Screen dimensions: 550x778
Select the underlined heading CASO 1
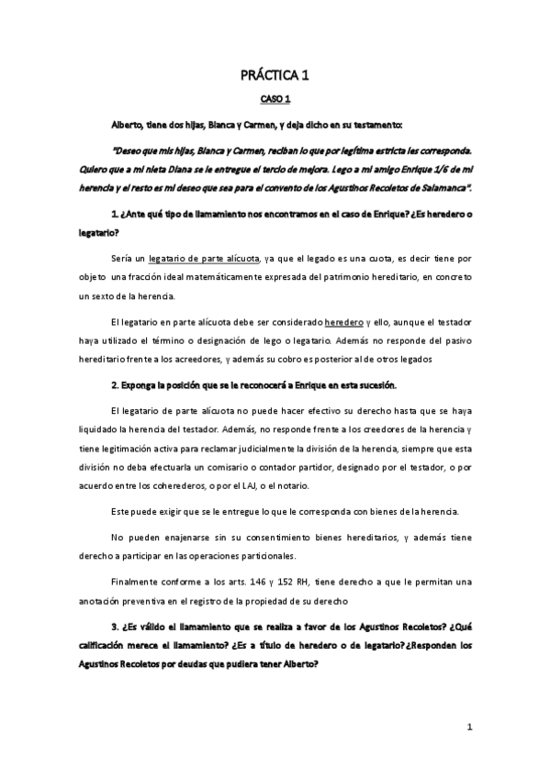[275, 99]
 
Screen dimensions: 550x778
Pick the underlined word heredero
[344, 321]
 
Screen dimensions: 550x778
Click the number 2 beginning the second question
[112, 383]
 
